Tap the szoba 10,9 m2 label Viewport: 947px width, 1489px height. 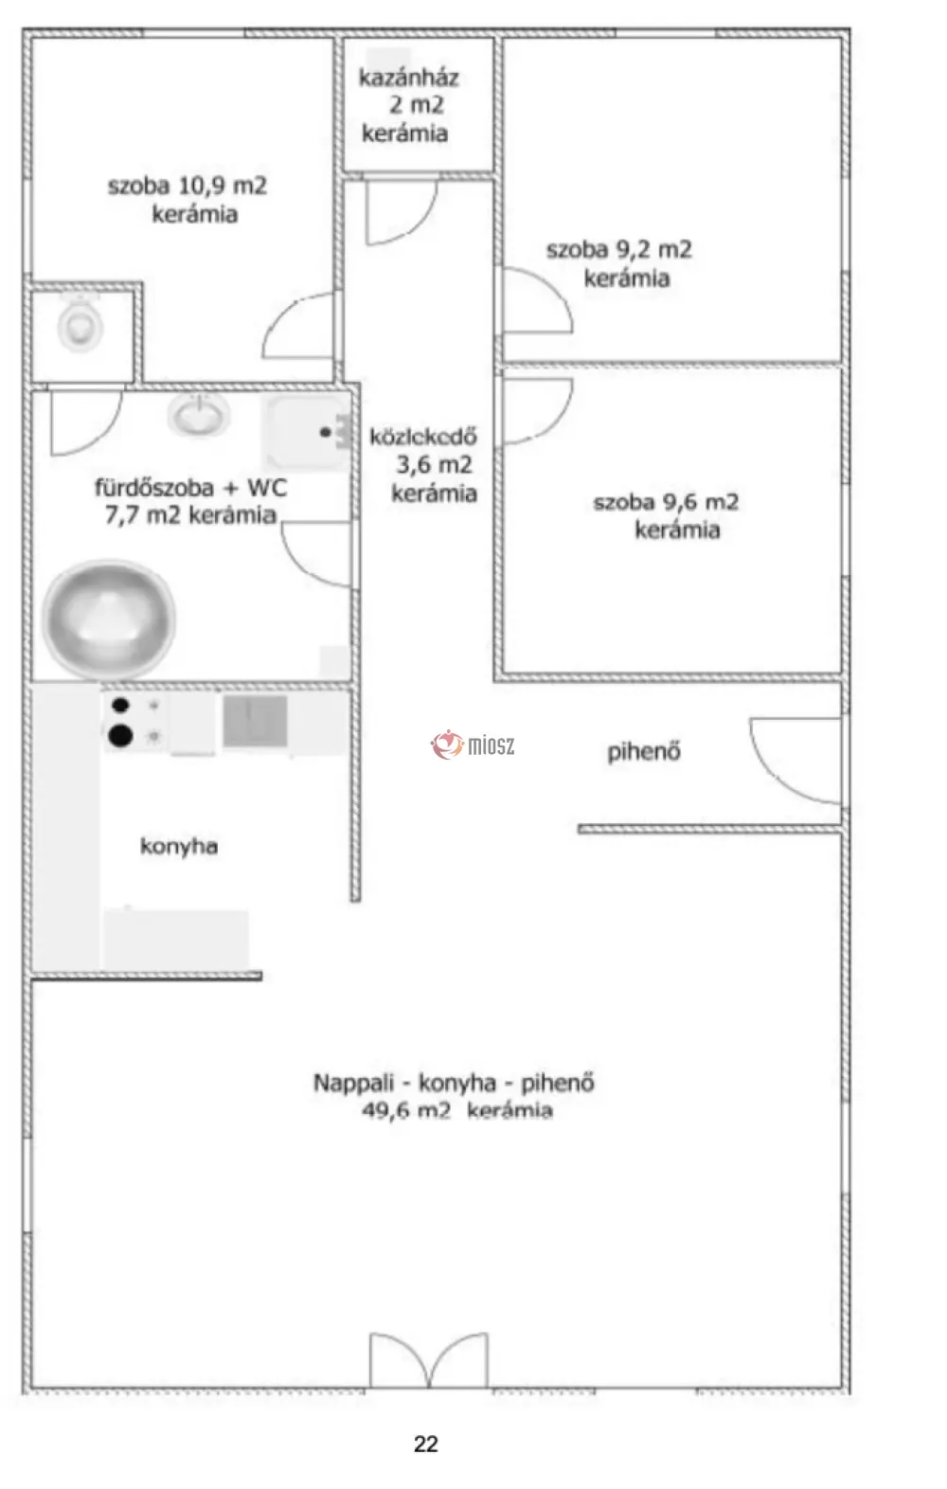(188, 199)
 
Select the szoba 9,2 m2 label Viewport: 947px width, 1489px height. (619, 263)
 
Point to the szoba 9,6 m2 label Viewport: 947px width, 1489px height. (666, 515)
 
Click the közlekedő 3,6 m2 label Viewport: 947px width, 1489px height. (424, 465)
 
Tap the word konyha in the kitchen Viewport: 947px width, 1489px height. (179, 846)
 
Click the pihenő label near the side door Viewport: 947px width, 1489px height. (644, 752)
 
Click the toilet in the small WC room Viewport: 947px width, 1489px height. (80, 326)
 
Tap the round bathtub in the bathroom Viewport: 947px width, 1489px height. (109, 619)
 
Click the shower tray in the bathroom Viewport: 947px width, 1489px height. (307, 432)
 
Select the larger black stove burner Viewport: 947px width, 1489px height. (120, 735)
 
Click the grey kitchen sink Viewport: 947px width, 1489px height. (255, 721)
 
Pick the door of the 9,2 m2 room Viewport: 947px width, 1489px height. (537, 300)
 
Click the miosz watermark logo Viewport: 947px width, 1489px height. (473, 744)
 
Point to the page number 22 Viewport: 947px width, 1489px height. (426, 1444)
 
